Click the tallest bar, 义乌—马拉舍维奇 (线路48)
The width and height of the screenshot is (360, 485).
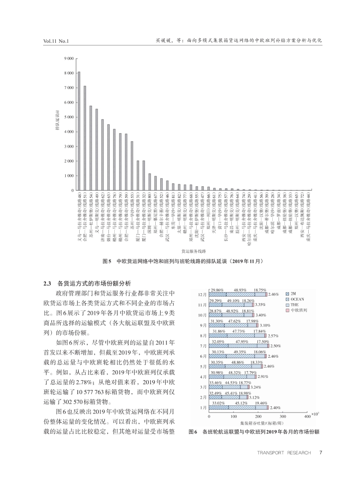click(x=79, y=130)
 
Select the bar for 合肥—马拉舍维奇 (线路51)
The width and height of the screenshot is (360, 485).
click(x=85, y=138)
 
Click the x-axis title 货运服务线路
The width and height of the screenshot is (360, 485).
click(x=193, y=250)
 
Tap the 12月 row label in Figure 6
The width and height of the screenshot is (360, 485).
click(x=202, y=294)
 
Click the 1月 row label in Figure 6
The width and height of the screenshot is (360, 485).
click(x=203, y=408)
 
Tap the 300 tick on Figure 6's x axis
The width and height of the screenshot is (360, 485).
click(x=283, y=417)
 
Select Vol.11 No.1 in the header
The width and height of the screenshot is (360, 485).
click(x=55, y=41)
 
